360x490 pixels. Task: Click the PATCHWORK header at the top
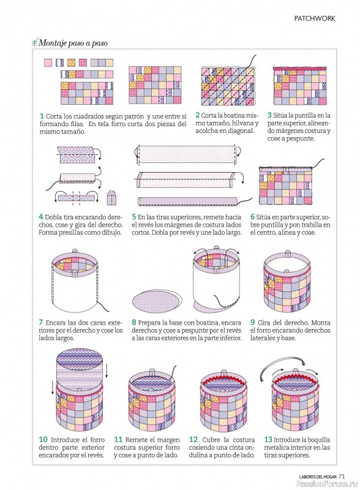point(314,18)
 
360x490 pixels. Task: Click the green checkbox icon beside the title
point(35,42)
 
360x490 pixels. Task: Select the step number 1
point(42,116)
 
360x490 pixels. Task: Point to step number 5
point(133,217)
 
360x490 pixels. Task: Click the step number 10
point(43,439)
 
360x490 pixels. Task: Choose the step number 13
point(268,439)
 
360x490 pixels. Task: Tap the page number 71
point(342,477)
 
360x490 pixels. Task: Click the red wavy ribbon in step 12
point(223,385)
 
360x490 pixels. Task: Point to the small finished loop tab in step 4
point(111,198)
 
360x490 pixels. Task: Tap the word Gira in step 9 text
point(264,322)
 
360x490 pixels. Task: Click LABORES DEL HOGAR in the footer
point(318,477)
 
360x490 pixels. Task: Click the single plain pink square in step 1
point(48,62)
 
